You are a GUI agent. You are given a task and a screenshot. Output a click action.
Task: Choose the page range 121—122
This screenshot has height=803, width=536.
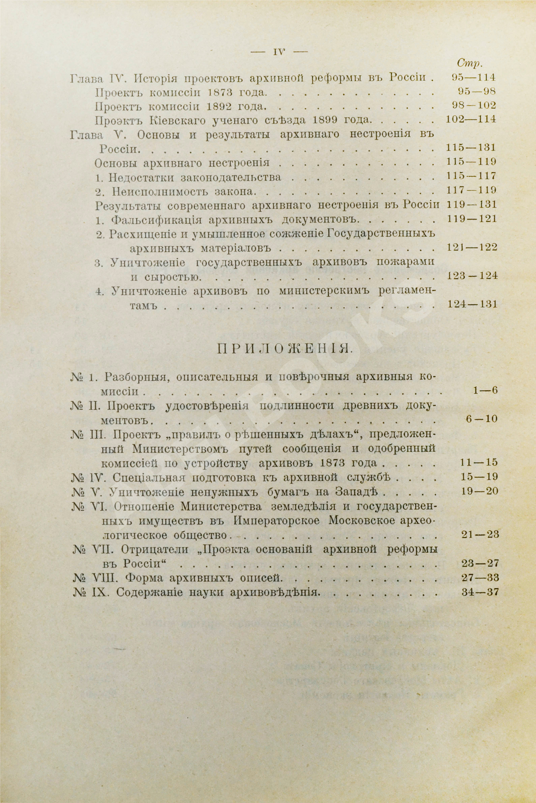pos(472,248)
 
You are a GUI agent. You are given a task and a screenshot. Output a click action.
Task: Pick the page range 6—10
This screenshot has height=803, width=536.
pos(482,419)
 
